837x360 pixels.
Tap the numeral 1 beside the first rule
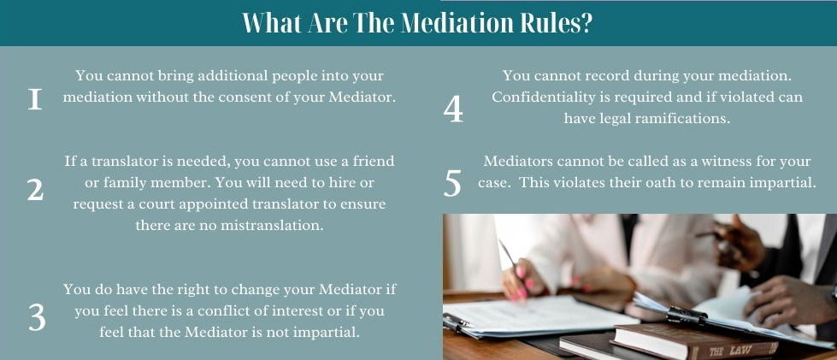[x=35, y=99]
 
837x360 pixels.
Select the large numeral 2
[x=35, y=190]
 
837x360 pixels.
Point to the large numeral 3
[x=37, y=318]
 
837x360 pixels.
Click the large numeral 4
[x=453, y=109]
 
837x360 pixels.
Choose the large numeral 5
[x=452, y=184]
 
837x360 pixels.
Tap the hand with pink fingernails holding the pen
[x=522, y=279]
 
